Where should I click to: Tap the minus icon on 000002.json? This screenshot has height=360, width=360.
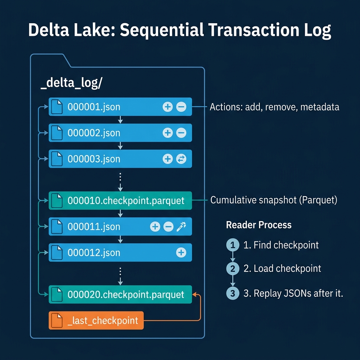click(181, 133)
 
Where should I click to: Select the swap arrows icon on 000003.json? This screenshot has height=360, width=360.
click(181, 159)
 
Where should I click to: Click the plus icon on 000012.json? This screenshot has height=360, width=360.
click(181, 252)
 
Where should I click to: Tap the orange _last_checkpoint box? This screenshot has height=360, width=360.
click(96, 320)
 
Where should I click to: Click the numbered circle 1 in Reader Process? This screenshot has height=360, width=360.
click(232, 245)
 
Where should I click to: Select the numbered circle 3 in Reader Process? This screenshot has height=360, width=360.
click(232, 293)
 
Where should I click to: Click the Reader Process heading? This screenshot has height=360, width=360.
click(259, 225)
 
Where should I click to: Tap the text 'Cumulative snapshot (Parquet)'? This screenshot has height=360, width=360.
click(274, 200)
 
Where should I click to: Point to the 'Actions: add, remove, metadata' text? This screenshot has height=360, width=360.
click(274, 107)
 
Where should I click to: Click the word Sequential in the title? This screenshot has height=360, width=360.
click(161, 31)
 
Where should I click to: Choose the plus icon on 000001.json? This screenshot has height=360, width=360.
click(168, 107)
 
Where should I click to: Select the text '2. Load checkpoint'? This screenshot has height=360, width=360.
click(282, 269)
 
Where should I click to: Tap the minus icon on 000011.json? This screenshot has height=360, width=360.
click(168, 226)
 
